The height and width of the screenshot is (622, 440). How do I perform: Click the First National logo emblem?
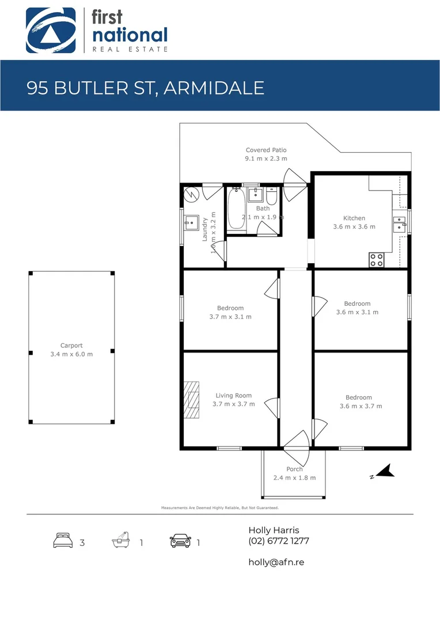(x=51, y=30)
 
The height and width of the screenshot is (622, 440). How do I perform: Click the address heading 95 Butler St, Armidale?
(x=146, y=88)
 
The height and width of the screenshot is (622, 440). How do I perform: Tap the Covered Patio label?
(x=265, y=150)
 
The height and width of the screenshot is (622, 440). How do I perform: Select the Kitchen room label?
(x=354, y=218)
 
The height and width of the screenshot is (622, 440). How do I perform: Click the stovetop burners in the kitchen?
(x=377, y=260)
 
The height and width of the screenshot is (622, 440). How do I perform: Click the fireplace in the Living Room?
(x=190, y=399)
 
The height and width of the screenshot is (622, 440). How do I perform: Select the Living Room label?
(x=233, y=396)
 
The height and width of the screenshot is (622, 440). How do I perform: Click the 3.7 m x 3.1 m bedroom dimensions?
(x=230, y=317)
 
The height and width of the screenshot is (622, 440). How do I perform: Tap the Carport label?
(x=71, y=346)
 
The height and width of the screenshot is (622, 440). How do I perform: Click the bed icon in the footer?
(x=62, y=541)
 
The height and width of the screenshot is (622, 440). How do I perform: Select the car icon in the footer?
(x=180, y=541)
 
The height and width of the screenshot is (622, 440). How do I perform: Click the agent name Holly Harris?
(x=274, y=530)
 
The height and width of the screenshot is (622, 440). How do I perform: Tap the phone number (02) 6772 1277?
(x=279, y=541)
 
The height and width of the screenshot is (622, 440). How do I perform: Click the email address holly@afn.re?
(x=276, y=562)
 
